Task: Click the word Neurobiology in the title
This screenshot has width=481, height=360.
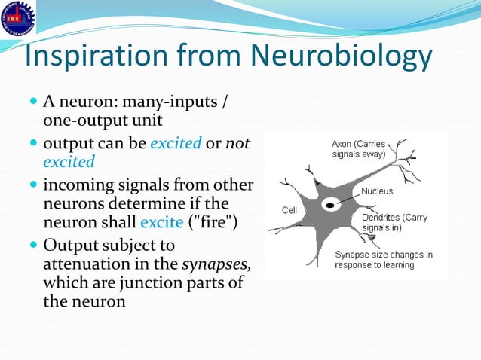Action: tap(340, 57)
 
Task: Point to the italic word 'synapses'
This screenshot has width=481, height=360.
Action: tap(216, 264)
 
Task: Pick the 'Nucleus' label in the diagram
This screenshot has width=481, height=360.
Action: tap(377, 191)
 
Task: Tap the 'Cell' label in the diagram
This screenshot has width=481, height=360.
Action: tap(290, 209)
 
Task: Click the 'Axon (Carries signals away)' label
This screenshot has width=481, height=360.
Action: tap(359, 148)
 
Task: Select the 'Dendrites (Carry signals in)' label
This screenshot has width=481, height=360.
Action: tap(395, 222)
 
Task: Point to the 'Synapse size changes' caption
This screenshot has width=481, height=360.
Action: tap(384, 260)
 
